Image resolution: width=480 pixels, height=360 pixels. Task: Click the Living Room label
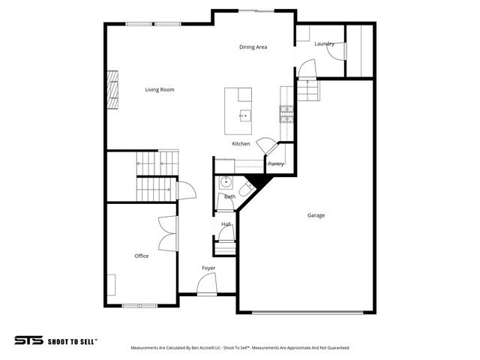tap(160, 90)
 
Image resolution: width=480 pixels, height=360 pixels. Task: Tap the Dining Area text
tap(253, 47)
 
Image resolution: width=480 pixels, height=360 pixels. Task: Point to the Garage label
tap(316, 215)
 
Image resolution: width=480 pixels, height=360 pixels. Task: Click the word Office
tap(141, 256)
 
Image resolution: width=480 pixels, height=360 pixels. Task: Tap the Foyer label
tap(208, 268)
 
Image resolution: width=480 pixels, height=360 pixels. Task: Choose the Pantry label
tap(275, 163)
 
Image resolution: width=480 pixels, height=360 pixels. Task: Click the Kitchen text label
tap(241, 143)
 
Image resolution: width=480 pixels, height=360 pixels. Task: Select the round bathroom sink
tap(225, 181)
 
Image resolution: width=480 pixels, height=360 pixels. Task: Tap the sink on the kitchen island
tap(244, 115)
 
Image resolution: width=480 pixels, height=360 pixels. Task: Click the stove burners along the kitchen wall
tap(286, 112)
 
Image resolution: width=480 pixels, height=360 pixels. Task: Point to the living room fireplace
tap(111, 90)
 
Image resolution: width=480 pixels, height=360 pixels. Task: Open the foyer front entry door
tap(205, 286)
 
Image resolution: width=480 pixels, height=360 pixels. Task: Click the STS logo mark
tap(28, 340)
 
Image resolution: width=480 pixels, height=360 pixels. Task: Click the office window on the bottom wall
tap(139, 305)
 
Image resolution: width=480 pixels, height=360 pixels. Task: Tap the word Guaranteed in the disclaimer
tap(335, 348)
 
